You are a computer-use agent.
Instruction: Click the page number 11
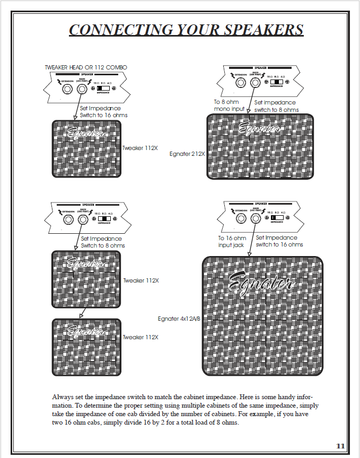point(340,446)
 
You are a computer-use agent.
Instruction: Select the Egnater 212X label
point(187,154)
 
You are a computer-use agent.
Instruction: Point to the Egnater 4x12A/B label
point(179,319)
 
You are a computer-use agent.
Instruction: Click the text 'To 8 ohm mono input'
point(230,105)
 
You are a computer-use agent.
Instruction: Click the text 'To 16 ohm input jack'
point(232,242)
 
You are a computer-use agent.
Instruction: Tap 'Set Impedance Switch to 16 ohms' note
point(103,111)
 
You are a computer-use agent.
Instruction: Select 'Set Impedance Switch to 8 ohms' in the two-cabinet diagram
point(103,242)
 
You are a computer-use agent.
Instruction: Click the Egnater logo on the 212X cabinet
point(260,129)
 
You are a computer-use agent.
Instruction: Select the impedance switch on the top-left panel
point(104,89)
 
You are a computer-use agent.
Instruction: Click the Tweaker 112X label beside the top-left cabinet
point(141,148)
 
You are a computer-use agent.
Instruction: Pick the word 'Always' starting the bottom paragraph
point(63,397)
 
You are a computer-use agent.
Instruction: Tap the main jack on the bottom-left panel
point(82,218)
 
